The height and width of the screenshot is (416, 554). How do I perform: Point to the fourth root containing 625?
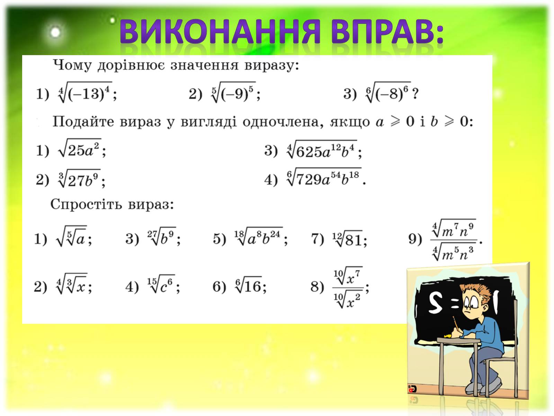click(322, 149)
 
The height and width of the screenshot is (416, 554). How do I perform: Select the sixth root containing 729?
click(324, 177)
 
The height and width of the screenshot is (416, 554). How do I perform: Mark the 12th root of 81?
click(347, 238)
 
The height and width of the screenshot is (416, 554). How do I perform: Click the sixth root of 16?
click(248, 285)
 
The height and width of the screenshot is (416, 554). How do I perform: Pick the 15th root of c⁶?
click(161, 284)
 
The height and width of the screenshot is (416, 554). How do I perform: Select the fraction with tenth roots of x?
click(348, 287)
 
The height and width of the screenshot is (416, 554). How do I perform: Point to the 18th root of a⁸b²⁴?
click(258, 236)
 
